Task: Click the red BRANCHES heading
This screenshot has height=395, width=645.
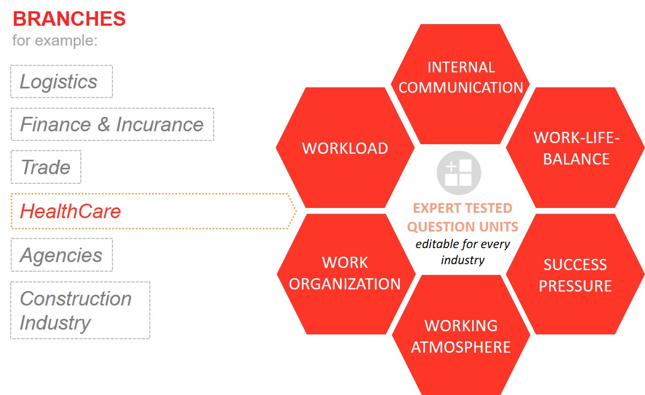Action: coord(69,19)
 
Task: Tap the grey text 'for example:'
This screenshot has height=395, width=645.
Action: coord(55,40)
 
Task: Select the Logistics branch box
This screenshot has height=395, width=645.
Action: coord(62,81)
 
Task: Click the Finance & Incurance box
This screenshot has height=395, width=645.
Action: coord(112,124)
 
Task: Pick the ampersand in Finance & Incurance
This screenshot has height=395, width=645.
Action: coord(104,124)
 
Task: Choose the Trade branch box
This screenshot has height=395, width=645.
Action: coord(46,167)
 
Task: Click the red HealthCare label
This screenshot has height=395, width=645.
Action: coord(71,211)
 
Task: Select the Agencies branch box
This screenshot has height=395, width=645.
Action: coord(62,255)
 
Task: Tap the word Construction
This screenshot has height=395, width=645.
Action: coord(75,299)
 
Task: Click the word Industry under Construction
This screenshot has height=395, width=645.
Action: coord(55,323)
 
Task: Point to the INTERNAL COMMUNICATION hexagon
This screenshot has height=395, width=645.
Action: coord(460,84)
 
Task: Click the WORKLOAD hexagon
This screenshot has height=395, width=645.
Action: coord(345,147)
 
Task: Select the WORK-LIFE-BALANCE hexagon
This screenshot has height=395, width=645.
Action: coord(575,147)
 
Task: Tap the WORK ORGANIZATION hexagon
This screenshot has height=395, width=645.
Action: coord(346,274)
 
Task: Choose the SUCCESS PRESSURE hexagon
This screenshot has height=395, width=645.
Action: coord(575,274)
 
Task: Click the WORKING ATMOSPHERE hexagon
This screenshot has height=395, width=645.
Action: coord(461,336)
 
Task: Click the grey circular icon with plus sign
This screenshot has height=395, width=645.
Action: coord(459,173)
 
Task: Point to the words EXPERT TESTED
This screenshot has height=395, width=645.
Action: coord(462,208)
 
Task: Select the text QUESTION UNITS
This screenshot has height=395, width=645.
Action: coord(462,227)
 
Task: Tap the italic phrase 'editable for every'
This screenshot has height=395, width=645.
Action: coord(462,244)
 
